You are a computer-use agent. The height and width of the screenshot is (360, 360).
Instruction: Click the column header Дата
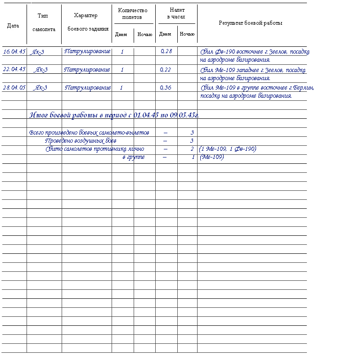pyautogui.click(x=13, y=26)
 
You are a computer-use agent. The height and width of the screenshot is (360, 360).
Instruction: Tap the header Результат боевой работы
pyautogui.click(x=251, y=23)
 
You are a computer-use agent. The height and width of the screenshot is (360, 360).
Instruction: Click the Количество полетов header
pyautogui.click(x=133, y=13)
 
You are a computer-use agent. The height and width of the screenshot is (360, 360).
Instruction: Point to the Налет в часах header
pyautogui.click(x=176, y=13)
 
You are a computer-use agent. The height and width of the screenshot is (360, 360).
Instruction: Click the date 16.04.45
pyautogui.click(x=14, y=51)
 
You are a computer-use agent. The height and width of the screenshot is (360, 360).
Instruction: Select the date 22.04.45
pyautogui.click(x=14, y=69)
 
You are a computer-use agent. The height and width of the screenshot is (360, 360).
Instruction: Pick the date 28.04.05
pyautogui.click(x=14, y=87)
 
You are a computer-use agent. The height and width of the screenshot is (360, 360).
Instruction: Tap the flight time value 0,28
pyautogui.click(x=166, y=51)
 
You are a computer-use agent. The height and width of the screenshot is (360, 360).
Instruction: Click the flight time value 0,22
pyautogui.click(x=166, y=69)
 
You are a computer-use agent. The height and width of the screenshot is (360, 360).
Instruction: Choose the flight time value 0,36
pyautogui.click(x=166, y=87)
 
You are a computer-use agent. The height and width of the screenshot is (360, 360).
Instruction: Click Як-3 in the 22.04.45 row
pyautogui.click(x=41, y=70)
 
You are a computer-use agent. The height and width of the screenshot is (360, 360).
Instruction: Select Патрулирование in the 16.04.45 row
pyautogui.click(x=87, y=51)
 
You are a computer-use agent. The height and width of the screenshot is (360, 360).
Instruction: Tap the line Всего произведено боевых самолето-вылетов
pyautogui.click(x=89, y=133)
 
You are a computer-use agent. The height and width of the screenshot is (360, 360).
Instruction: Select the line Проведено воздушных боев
pyautogui.click(x=80, y=141)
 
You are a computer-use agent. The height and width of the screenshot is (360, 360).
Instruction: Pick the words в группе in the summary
pyautogui.click(x=134, y=157)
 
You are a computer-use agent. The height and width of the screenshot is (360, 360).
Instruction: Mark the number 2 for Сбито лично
pyautogui.click(x=192, y=149)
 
